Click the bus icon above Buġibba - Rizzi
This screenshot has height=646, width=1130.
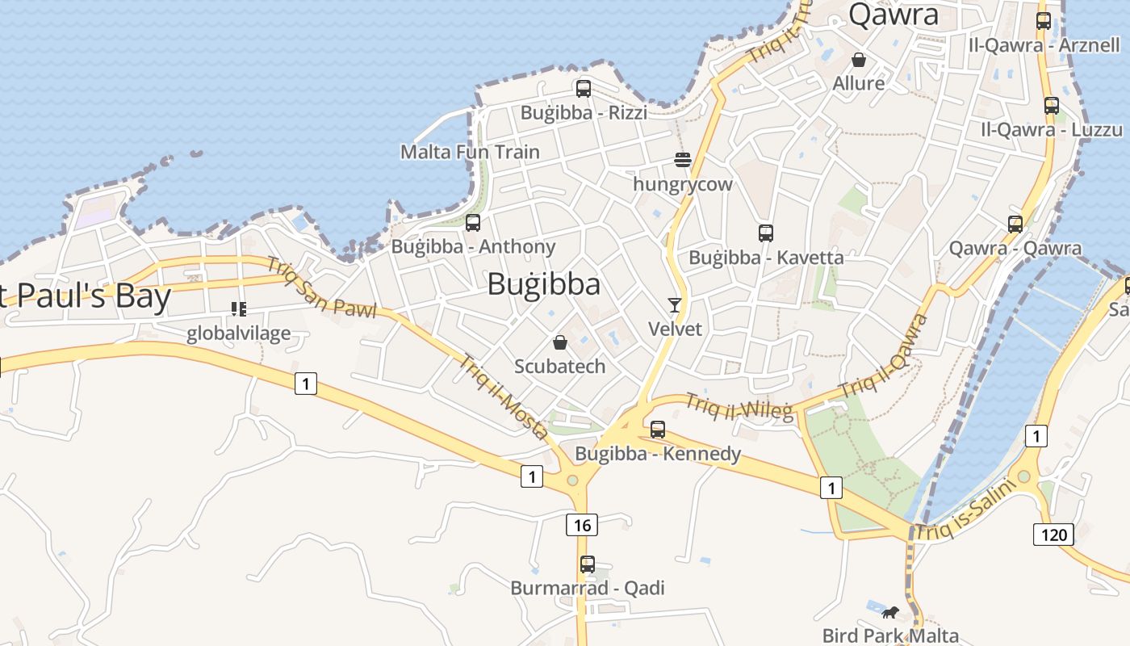coord(583,88)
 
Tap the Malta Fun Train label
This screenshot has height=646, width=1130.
coord(470,152)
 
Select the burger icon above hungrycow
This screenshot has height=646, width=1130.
coord(683,160)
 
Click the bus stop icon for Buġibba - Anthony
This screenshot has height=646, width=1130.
coord(473,223)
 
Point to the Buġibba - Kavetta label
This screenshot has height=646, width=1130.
coord(766,258)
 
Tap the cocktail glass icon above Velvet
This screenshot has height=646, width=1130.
coord(675,304)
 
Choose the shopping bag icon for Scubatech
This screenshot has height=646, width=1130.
coord(560,342)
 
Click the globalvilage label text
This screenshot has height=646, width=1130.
coord(238,333)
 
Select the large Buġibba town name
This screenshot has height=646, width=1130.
coord(543,284)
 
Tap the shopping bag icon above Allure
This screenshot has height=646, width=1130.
coord(859,60)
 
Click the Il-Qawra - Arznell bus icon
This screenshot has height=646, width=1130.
coord(1044,21)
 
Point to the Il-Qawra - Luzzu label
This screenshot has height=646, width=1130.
coord(1051,130)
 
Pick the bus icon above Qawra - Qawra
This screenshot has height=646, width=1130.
coord(1015,224)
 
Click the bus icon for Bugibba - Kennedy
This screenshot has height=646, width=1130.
coord(658,430)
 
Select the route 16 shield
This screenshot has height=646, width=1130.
coord(582,526)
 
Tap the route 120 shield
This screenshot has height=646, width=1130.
coord(1053,534)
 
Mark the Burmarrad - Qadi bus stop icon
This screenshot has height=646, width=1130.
coord(588,564)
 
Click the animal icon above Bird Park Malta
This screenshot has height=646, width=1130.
coord(890,612)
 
